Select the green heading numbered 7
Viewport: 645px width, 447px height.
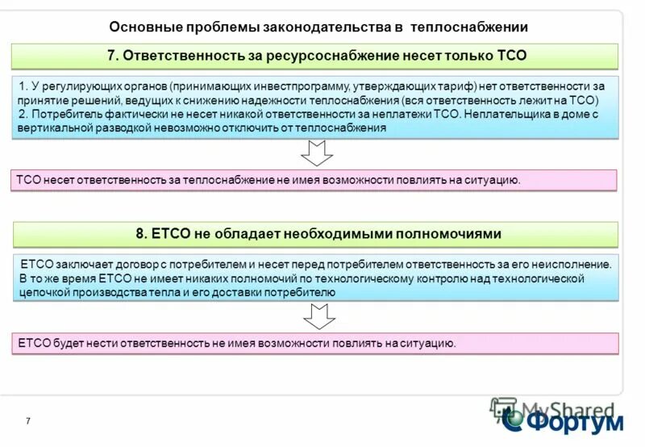pyautogui.click(x=316, y=56)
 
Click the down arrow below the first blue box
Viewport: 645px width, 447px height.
pyautogui.click(x=316, y=152)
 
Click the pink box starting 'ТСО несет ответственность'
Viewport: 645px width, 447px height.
pyautogui.click(x=316, y=180)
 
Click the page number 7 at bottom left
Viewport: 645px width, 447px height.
pyautogui.click(x=28, y=421)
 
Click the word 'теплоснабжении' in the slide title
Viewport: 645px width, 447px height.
pyautogui.click(x=468, y=27)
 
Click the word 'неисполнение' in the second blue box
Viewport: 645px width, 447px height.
pyautogui.click(x=576, y=264)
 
